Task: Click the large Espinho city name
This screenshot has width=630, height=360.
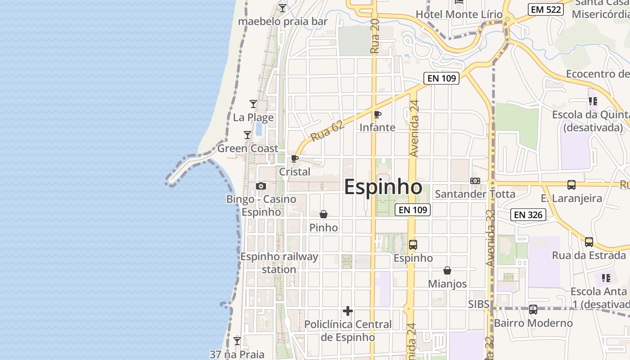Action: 383,187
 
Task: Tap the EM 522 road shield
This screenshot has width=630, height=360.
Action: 546,9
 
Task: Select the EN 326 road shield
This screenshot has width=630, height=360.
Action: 528,215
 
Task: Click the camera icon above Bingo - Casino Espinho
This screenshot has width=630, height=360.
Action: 261,186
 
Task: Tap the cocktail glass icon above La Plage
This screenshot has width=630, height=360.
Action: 253,104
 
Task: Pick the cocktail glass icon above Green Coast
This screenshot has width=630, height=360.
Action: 247,135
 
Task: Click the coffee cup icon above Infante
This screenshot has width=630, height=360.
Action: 378,115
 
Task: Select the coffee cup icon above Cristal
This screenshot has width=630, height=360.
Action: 295,159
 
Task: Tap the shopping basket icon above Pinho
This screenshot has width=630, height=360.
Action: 323,214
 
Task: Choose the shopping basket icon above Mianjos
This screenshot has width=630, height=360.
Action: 447,270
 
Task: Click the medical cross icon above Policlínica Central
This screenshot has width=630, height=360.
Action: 347,311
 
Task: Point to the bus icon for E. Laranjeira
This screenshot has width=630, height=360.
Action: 571,184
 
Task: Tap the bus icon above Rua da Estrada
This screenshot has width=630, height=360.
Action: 589,242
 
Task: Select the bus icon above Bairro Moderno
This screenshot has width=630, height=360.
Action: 533,310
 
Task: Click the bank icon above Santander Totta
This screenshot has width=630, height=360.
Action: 475,181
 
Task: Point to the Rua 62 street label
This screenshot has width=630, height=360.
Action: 327,130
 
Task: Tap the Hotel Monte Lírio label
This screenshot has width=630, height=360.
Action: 459,14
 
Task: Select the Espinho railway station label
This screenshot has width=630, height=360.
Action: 279,263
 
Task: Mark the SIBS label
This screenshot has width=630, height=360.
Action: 478,304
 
